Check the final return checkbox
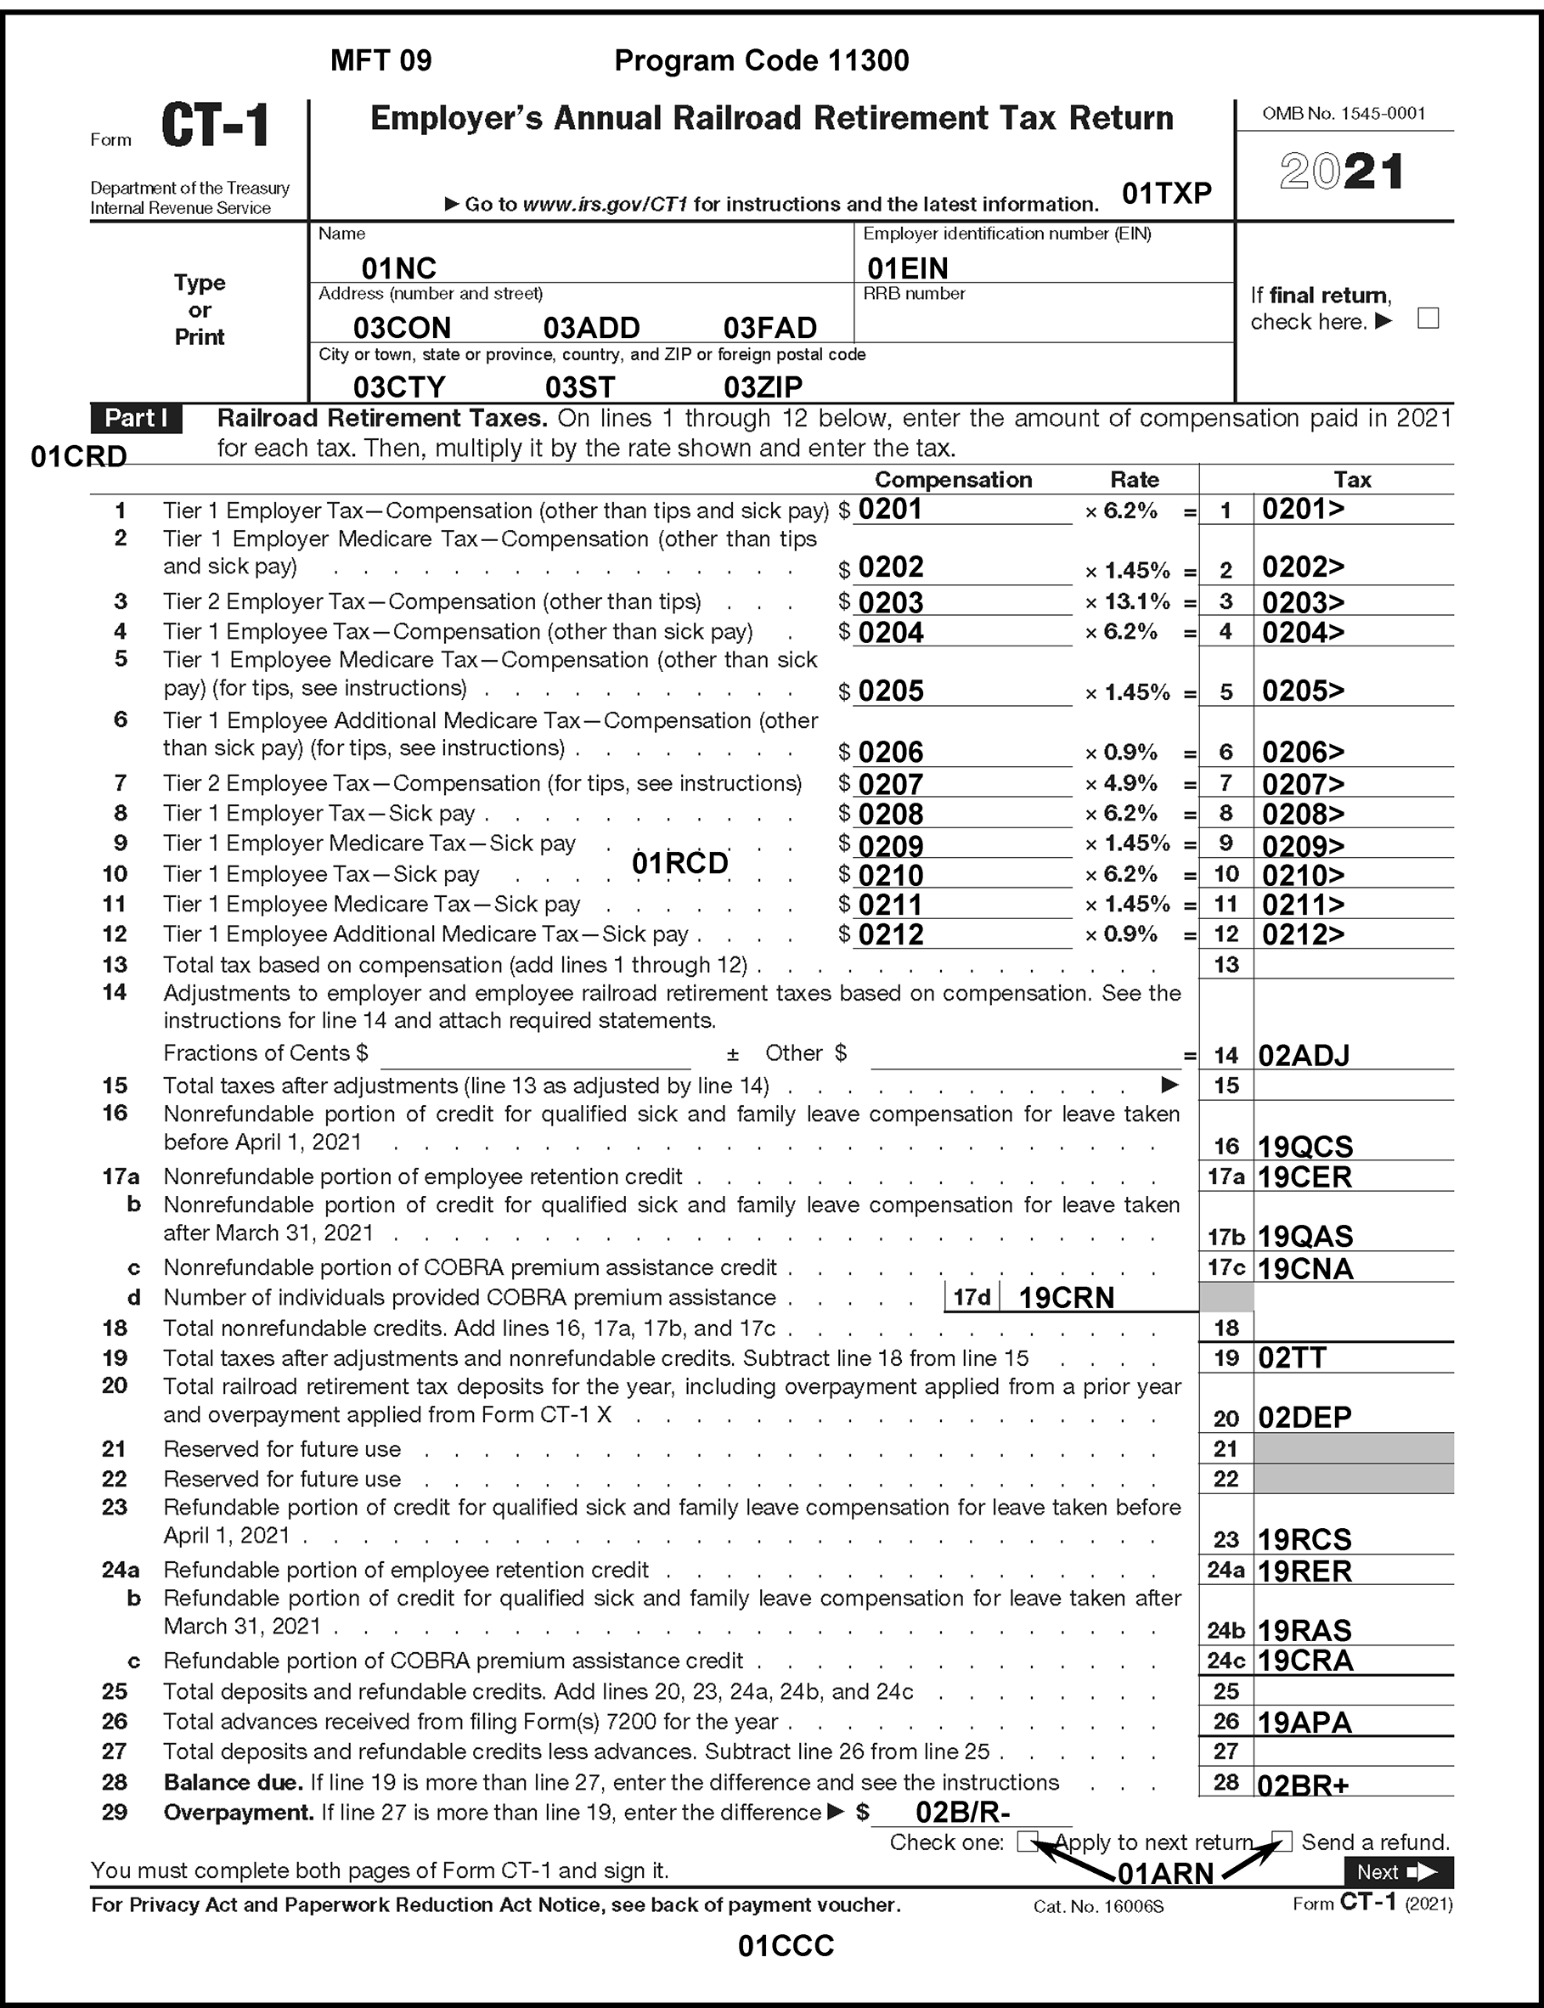coord(1428,319)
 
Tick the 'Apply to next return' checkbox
coord(1028,1841)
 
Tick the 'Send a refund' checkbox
coord(1282,1841)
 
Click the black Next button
coord(1398,1872)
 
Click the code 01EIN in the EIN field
coord(907,268)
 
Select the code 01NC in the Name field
coord(398,268)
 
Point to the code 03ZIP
coord(763,386)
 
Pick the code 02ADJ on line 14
coord(1303,1055)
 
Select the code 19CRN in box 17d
coord(1066,1298)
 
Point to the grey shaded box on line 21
coord(1353,1448)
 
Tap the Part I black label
coord(136,418)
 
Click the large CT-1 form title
coord(216,126)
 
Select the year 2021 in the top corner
coord(1341,172)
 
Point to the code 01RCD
coord(680,863)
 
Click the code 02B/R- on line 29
coord(963,1813)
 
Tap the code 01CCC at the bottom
coord(786,1945)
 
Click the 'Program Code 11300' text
coord(761,60)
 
